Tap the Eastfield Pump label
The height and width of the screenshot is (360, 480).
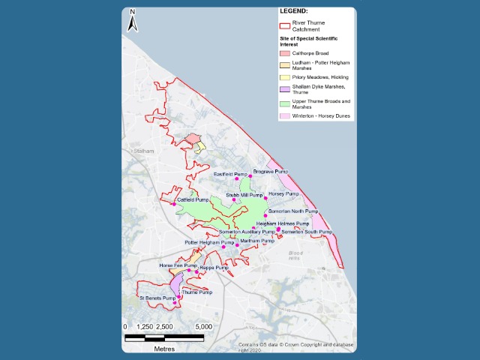tap(229, 175)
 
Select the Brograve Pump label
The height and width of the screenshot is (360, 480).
tap(271, 172)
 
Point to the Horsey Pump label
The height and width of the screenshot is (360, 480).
tap(283, 194)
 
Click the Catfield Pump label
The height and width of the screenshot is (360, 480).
tap(191, 200)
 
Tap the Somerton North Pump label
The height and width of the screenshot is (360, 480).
tap(293, 211)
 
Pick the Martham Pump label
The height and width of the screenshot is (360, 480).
tap(257, 241)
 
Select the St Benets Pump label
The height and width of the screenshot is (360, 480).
tap(157, 298)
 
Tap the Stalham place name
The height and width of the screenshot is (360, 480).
tap(142, 151)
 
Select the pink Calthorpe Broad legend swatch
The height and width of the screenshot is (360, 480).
tap(286, 52)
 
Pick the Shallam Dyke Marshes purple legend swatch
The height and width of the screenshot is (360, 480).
tap(286, 89)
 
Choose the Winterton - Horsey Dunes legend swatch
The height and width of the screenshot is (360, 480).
tap(286, 115)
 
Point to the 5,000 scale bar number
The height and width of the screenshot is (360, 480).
tap(203, 327)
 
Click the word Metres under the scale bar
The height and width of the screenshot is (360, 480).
tap(164, 349)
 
